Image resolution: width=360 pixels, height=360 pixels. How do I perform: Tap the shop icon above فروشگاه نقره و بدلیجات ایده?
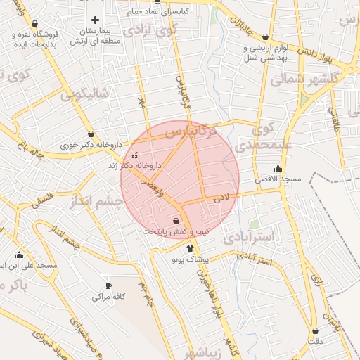(34, 23)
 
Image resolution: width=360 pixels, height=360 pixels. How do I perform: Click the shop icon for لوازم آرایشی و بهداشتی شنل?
(265, 37)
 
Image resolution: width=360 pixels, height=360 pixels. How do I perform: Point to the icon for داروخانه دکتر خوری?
(91, 134)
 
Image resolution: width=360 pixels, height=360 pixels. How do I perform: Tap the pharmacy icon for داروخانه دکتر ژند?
(135, 155)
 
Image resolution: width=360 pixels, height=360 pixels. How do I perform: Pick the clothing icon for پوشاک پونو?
(190, 248)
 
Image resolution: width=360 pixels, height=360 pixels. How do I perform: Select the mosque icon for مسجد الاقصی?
(278, 168)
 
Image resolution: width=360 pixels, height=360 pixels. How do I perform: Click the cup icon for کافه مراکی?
(108, 285)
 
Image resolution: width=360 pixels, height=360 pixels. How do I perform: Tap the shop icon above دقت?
(315, 330)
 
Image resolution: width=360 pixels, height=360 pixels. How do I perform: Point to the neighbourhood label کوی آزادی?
(149, 32)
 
